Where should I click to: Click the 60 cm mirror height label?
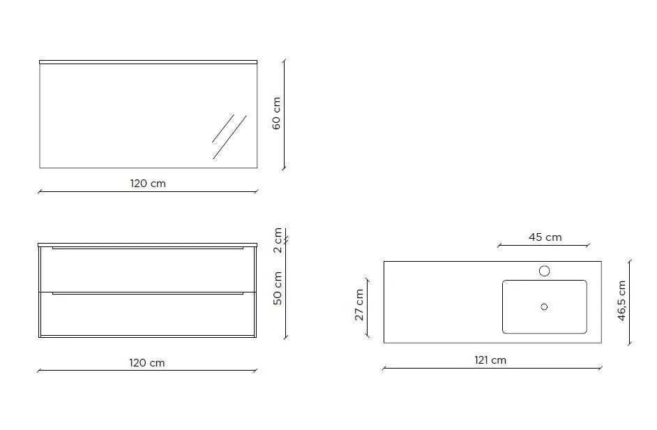point(277,113)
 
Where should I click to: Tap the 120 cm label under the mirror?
point(148,184)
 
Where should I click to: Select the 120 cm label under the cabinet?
point(147,363)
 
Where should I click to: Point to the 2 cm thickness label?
point(278,240)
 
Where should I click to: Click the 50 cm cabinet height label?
point(278,288)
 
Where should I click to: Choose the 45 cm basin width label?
point(545,237)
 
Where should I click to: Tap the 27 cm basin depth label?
point(359,305)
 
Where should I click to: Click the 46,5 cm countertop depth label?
point(621,301)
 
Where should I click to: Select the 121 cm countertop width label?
point(490,360)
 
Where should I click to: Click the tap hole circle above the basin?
point(544,271)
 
